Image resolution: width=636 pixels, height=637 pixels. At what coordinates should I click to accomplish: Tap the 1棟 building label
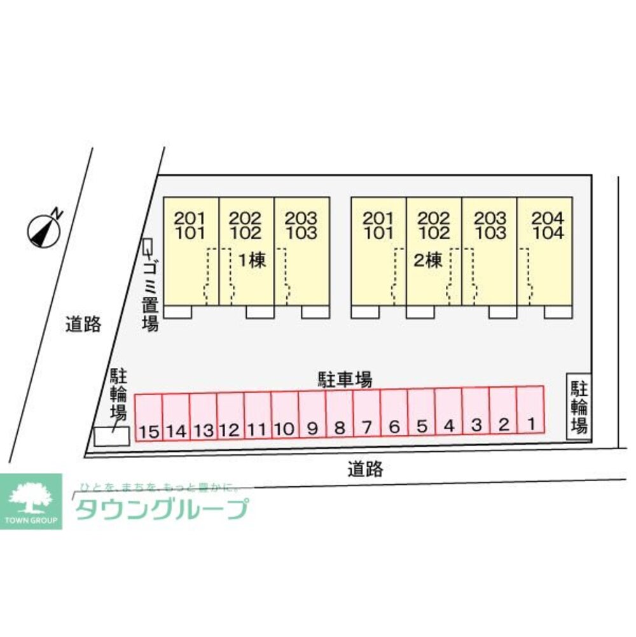(x=252, y=260)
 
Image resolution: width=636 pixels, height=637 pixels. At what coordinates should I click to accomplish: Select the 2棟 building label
(x=427, y=260)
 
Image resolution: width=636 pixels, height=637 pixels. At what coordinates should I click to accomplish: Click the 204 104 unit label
(x=548, y=225)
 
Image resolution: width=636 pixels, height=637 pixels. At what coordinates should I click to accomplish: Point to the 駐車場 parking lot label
(x=345, y=380)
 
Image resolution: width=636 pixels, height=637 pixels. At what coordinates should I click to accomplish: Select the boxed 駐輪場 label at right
(x=578, y=407)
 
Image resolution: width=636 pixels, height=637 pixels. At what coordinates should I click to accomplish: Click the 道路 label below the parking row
(x=366, y=470)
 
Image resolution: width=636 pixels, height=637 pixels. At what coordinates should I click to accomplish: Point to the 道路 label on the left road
(x=83, y=325)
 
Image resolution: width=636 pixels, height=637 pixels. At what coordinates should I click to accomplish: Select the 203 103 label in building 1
(x=301, y=225)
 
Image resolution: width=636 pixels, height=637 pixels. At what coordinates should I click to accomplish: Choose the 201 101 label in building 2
(x=379, y=225)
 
